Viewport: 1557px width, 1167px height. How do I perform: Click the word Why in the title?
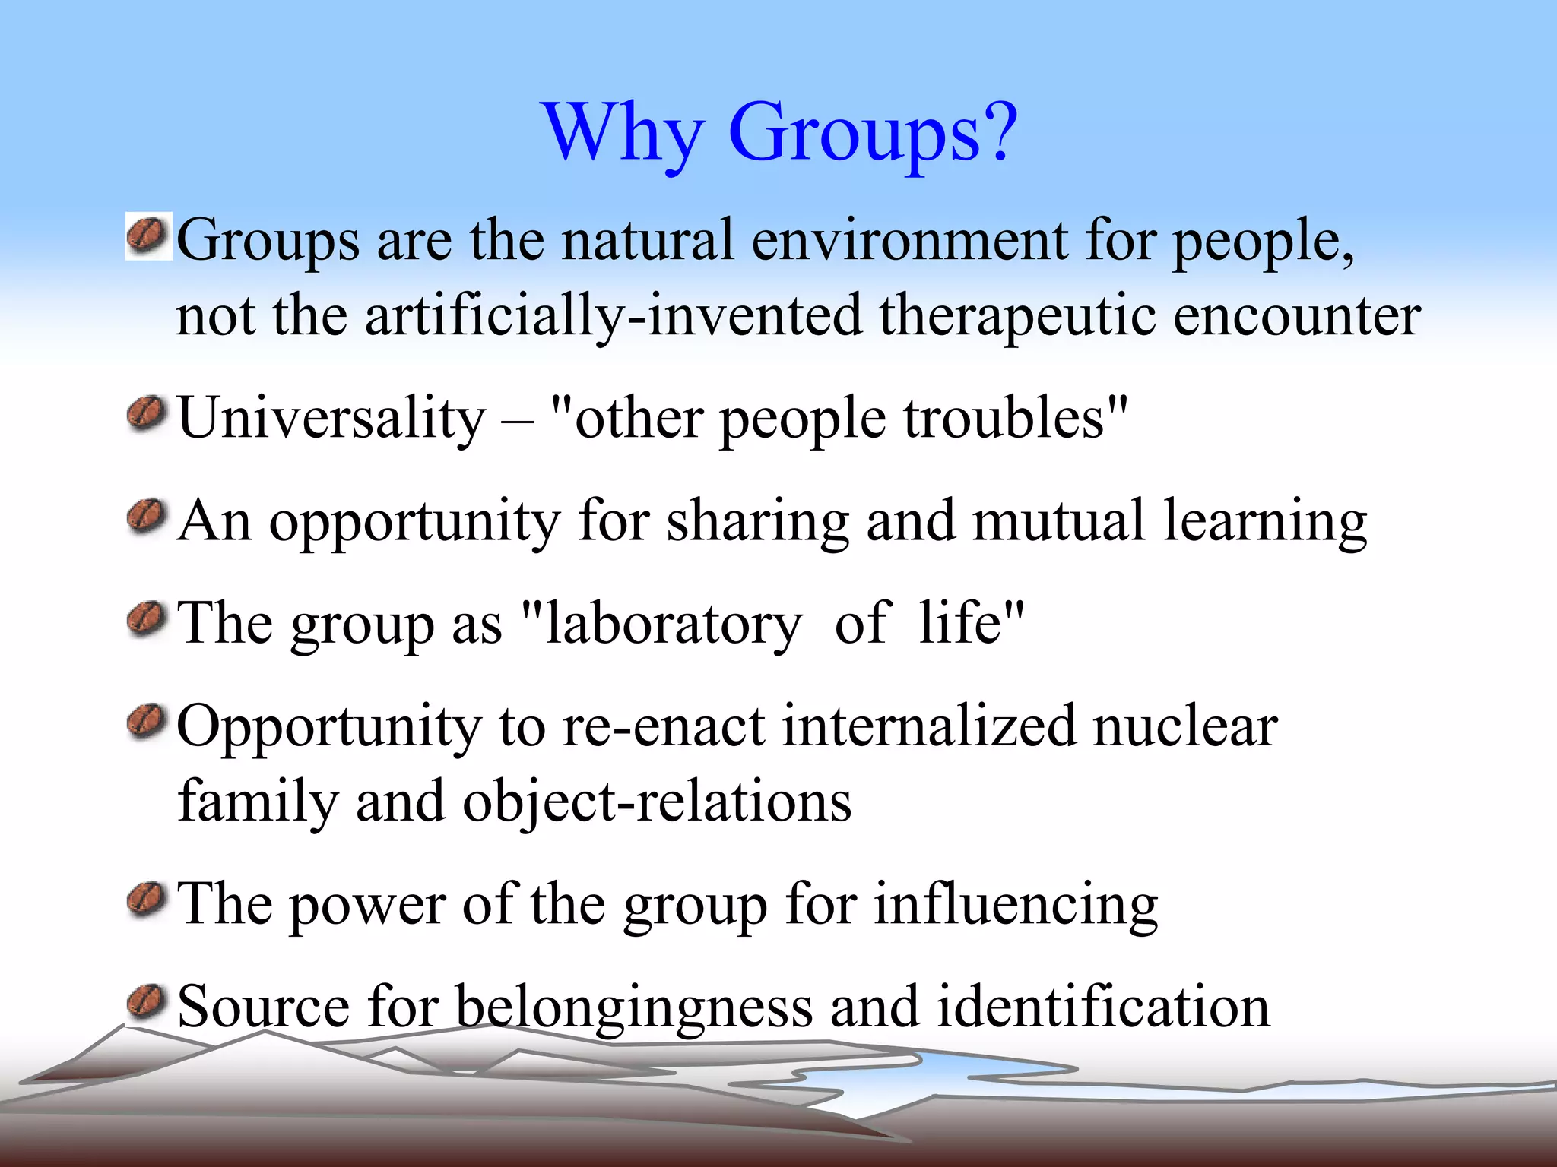click(623, 134)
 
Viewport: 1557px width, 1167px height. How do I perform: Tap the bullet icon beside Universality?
click(147, 415)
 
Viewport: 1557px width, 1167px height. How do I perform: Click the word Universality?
click(331, 418)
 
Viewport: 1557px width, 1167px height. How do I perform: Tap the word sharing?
click(757, 523)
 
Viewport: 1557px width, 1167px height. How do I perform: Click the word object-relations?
click(657, 802)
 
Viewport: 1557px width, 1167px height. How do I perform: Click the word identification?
click(1102, 1006)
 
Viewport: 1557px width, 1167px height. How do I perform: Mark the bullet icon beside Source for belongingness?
click(147, 1001)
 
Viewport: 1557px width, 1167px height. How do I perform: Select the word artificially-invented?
click(613, 316)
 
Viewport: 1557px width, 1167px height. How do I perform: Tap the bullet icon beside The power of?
click(147, 900)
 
